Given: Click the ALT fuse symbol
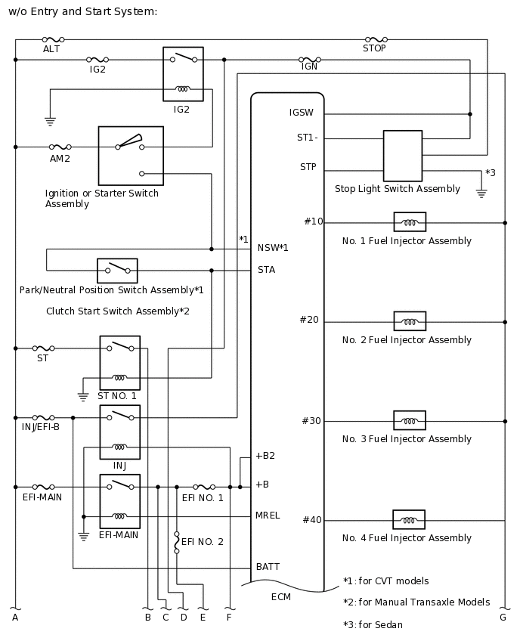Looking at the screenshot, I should pos(53,39).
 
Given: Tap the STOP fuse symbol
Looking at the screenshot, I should pos(376,39).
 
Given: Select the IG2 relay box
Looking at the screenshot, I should pos(183,74).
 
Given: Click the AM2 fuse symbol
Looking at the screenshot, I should pos(60,147).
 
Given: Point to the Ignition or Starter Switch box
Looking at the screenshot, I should pos(131,156).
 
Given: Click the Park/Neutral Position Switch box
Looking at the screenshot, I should pos(117,270).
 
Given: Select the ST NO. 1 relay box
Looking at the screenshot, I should pos(119,363).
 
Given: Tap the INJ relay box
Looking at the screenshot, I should pos(119,432).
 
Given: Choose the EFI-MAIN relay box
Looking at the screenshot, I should pos(119,501).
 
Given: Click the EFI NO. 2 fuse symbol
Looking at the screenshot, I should pos(177,542).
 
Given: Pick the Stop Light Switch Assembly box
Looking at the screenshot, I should pos(402,156).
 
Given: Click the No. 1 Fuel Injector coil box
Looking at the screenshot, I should pos(410,222).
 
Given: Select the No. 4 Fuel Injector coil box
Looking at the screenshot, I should pos(409,520).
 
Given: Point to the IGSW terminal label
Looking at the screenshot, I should pos(302,113).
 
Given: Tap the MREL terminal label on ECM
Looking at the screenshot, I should pos(268,516).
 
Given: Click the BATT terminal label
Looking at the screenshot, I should pos(268,566).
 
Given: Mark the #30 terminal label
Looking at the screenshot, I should pos(311,421).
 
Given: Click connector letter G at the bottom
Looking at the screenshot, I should pos(503,618).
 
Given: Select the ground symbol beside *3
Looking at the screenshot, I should pos(481,193).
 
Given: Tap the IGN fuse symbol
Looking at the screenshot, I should pos(310,59).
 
